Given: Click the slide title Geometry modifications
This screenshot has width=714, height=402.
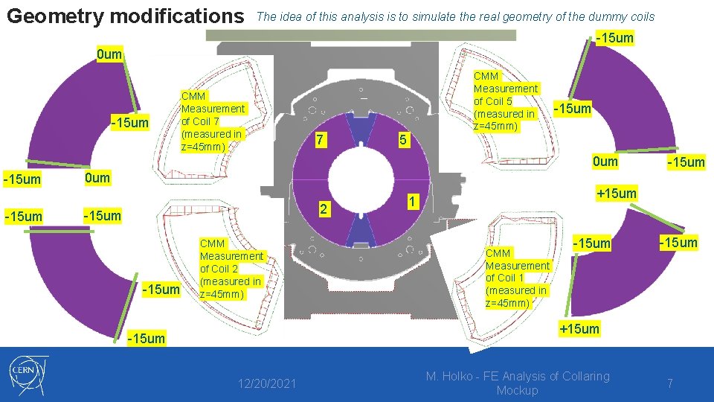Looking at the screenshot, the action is (x=125, y=16).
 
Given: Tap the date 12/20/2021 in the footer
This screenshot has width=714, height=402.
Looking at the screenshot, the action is (x=267, y=383).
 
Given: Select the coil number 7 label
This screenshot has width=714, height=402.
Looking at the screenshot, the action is (x=318, y=140).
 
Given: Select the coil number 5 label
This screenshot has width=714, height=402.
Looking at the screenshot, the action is (x=402, y=140).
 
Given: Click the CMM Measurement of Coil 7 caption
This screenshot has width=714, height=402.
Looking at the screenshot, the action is (x=212, y=121).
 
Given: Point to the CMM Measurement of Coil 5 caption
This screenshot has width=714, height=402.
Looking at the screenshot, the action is (x=505, y=101).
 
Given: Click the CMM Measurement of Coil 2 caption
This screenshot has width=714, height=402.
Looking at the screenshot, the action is (x=231, y=268).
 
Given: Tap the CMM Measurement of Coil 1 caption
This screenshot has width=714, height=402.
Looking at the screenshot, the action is (x=517, y=278).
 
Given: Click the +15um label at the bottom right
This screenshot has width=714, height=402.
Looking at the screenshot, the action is (x=579, y=329).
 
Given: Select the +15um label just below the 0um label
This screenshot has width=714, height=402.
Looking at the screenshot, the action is (x=616, y=194).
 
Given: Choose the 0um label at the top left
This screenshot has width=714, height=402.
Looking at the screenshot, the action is (x=109, y=55).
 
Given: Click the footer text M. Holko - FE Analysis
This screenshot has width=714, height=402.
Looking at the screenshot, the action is (x=517, y=383).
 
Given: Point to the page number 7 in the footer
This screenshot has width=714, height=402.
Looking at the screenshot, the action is (x=670, y=383).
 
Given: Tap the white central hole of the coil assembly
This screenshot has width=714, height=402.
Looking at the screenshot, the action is (x=360, y=178).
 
